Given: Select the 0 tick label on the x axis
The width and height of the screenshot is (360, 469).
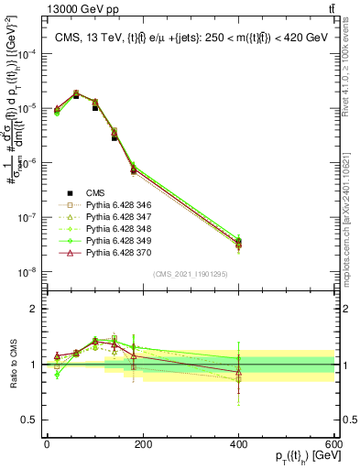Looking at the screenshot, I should pyautogui.click(x=47, y=444).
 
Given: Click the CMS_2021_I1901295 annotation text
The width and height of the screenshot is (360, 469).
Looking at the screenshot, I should pyautogui.click(x=189, y=275).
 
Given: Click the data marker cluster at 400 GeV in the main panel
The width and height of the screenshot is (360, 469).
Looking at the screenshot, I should pyautogui.click(x=238, y=243).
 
